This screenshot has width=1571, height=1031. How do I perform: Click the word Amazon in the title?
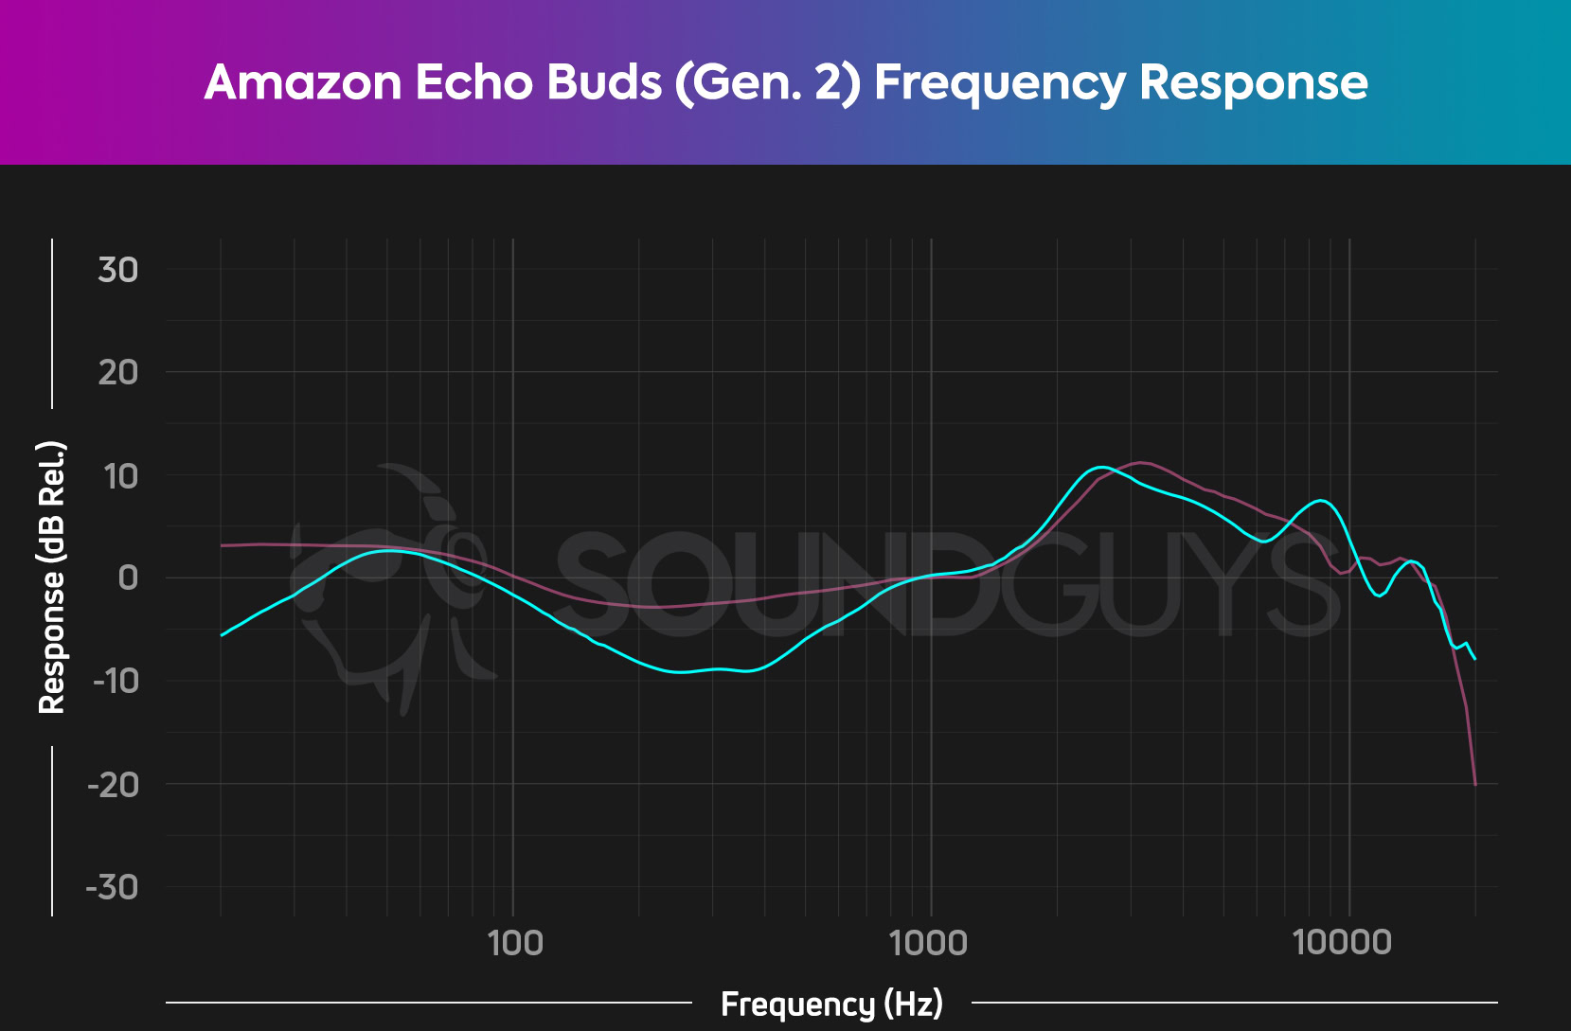(x=303, y=82)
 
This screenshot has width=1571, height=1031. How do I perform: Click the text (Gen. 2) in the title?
(x=768, y=82)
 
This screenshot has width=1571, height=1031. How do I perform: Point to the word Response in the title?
(x=1254, y=82)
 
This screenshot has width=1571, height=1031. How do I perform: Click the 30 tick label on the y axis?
(x=118, y=270)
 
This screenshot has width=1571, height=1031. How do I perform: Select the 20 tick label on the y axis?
(x=118, y=372)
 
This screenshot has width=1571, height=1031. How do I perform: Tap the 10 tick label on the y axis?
(x=120, y=476)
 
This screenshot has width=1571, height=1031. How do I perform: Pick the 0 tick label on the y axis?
(x=128, y=578)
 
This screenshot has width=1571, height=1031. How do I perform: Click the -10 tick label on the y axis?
(x=115, y=681)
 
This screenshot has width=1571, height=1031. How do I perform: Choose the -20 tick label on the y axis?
(x=113, y=784)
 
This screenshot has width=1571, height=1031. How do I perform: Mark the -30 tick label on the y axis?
(x=113, y=887)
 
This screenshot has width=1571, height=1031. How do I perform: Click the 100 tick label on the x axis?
(x=514, y=943)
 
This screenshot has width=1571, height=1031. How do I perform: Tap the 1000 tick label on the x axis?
(x=930, y=943)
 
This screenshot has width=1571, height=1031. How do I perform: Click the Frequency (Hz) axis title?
(x=831, y=1004)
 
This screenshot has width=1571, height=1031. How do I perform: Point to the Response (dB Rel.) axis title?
(x=51, y=578)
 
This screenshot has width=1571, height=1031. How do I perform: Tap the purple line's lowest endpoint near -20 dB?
(x=1475, y=784)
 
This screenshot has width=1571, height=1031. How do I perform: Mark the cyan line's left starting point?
(x=222, y=635)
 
